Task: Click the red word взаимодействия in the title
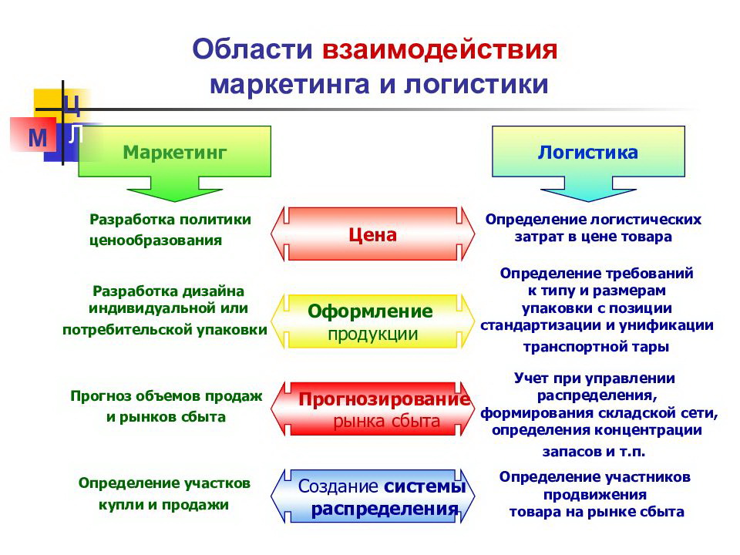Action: point(440,50)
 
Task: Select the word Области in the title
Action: point(253,49)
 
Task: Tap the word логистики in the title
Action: point(476,85)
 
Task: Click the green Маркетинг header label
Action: point(175,153)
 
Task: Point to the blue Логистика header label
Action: point(588,152)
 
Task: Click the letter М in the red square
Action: point(38,138)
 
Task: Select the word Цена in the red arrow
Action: point(373,234)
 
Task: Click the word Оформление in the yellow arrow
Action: point(370,311)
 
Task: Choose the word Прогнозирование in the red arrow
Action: point(385,399)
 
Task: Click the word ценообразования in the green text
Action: point(156,240)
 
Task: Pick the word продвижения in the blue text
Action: point(595,495)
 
